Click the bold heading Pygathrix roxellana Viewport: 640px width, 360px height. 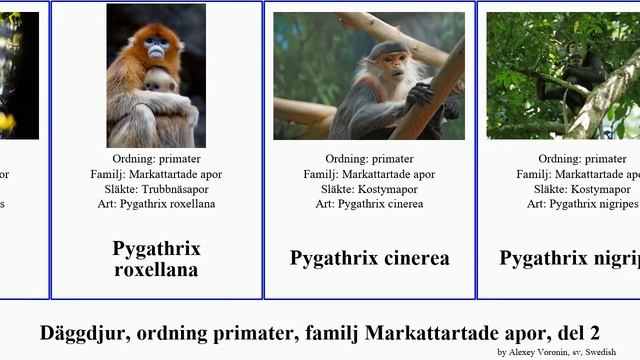point(156,258)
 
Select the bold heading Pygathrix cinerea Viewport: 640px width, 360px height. point(369,258)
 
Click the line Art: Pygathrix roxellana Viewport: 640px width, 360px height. point(156,203)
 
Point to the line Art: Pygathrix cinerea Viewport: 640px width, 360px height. point(369,203)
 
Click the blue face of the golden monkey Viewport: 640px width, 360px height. point(157,46)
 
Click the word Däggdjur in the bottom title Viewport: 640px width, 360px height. point(80,333)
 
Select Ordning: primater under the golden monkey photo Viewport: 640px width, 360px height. point(156,158)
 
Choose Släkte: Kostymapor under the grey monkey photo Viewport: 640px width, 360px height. point(369,188)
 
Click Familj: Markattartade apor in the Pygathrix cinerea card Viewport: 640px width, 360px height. point(369,173)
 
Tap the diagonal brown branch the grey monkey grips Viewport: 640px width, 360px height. point(430,95)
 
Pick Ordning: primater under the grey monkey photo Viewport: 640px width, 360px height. point(369,158)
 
